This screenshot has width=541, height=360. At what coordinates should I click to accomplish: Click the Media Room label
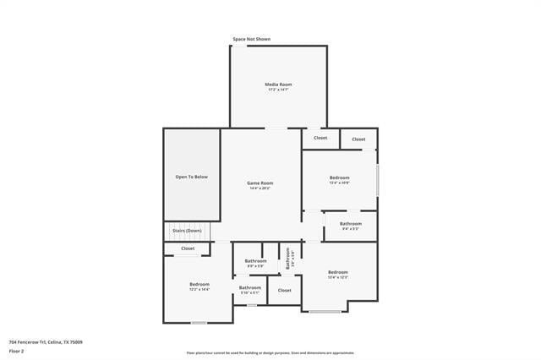[x=278, y=85]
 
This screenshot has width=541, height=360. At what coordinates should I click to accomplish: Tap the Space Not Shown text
[x=252, y=39]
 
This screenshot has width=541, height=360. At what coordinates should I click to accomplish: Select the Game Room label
[x=260, y=183]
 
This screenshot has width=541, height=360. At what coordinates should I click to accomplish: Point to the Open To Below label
[x=191, y=177]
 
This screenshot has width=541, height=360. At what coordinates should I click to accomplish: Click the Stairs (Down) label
[x=187, y=231]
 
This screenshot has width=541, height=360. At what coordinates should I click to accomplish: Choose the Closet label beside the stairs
[x=188, y=248]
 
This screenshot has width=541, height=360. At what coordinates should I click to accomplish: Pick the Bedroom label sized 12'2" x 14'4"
[x=199, y=284]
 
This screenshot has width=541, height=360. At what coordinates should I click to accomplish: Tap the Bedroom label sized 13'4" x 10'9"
[x=339, y=177]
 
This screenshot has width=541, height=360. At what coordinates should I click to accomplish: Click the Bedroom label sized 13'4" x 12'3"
[x=338, y=271]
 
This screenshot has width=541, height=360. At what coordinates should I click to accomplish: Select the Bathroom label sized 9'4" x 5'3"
[x=351, y=223]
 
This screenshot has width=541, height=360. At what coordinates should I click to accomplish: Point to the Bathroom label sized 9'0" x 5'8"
[x=256, y=261]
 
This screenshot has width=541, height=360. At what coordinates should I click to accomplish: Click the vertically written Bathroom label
[x=288, y=259]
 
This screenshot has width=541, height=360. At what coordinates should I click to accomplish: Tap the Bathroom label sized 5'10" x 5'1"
[x=250, y=287]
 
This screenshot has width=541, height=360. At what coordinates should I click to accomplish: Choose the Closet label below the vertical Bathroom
[x=285, y=290]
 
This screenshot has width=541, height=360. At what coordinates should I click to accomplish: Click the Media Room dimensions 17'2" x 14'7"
[x=278, y=90]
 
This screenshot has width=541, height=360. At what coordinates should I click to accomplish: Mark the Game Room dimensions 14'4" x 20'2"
[x=260, y=188]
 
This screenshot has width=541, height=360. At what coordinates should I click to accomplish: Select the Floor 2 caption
[x=16, y=350]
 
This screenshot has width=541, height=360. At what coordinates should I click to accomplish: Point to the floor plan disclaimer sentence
[x=270, y=353]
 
